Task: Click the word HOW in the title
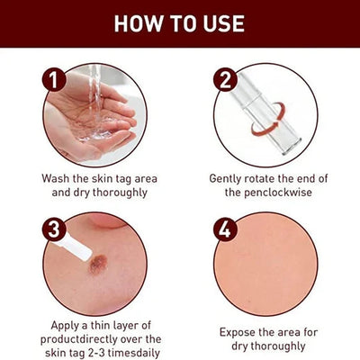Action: pos(139,23)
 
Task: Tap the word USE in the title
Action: pos(224,23)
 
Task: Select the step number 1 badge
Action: pos(54,79)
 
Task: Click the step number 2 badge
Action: pos(225,79)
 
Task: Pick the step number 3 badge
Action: pos(54,229)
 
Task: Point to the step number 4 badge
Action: pos(225,229)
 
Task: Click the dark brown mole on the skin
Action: pos(98,264)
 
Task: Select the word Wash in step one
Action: pos(56,179)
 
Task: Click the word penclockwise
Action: pos(278,193)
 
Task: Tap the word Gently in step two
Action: pos(225,179)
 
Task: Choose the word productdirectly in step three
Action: pos(79,339)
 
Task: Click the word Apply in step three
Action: pos(65,326)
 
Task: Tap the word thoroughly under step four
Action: pos(278,346)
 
